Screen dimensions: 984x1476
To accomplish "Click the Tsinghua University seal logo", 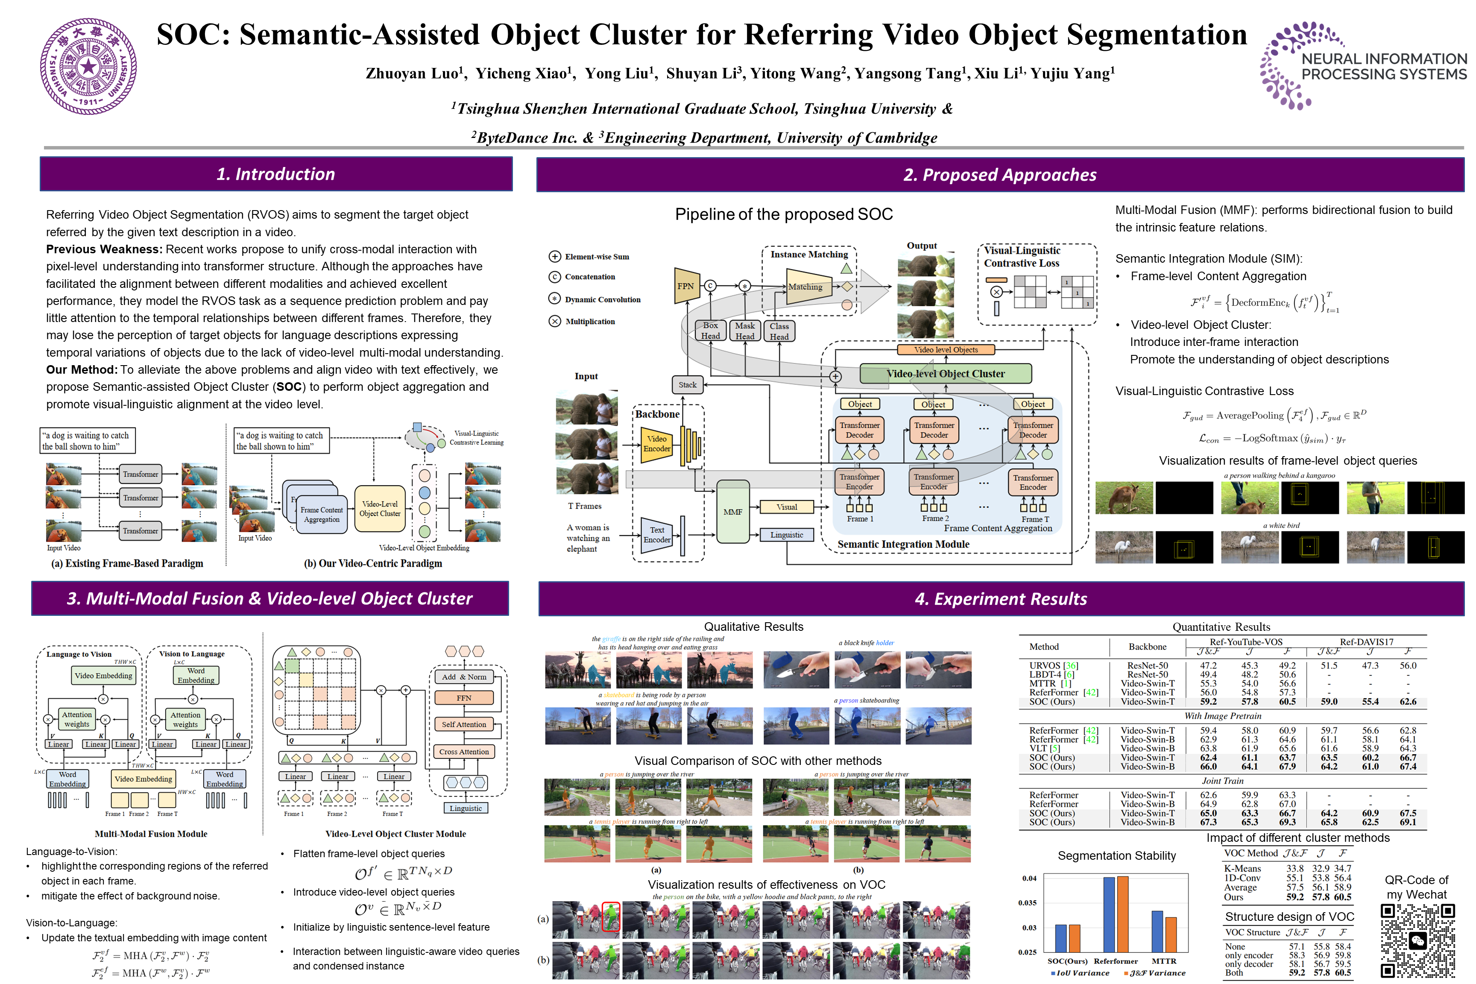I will [88, 67].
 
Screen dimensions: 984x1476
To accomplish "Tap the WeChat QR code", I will [1417, 940].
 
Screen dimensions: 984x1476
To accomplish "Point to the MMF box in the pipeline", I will [732, 512].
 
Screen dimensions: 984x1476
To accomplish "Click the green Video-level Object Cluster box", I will [945, 373].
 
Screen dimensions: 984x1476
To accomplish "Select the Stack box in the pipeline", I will [687, 385].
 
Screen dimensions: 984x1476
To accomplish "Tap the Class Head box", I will [779, 331].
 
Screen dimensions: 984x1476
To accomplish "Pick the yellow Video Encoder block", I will [656, 444].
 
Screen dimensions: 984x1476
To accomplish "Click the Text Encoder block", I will [656, 535].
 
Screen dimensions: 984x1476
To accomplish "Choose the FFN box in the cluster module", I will [464, 698].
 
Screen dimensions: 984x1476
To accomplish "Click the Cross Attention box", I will [464, 751].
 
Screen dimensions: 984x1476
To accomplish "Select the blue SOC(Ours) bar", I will [1060, 938].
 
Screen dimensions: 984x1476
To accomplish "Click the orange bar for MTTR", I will [1171, 934].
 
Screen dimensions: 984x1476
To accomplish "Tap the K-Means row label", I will [1242, 869].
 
